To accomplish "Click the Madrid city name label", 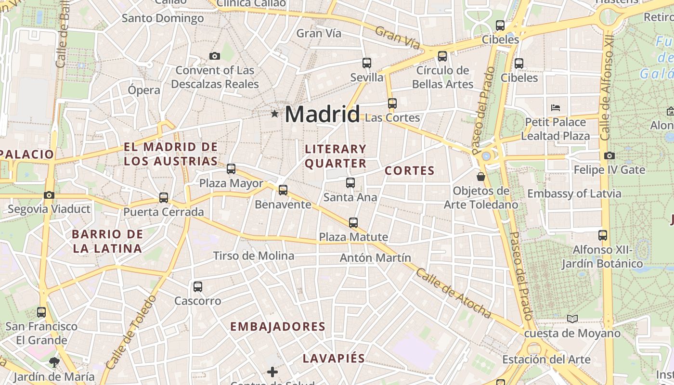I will [322, 115].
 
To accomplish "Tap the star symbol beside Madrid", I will [274, 114].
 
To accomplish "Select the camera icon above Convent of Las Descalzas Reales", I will [215, 56].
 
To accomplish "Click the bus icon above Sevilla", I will [367, 63].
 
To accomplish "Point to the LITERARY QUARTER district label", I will [336, 156].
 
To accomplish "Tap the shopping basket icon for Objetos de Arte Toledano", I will [480, 177].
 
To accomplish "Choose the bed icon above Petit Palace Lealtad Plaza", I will [556, 108].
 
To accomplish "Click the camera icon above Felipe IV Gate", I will [609, 155].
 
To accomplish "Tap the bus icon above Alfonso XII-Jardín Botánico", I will [603, 235].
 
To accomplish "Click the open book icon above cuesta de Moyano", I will [572, 319].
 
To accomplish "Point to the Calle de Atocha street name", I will [454, 294].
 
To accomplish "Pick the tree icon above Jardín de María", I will [54, 362].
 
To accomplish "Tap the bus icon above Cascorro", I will [197, 287].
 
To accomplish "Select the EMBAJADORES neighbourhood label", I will [278, 326].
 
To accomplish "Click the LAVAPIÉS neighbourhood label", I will [334, 359].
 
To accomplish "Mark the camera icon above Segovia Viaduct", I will [49, 195].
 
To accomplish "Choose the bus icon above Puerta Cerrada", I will [164, 198].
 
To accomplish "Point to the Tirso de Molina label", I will [253, 256].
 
